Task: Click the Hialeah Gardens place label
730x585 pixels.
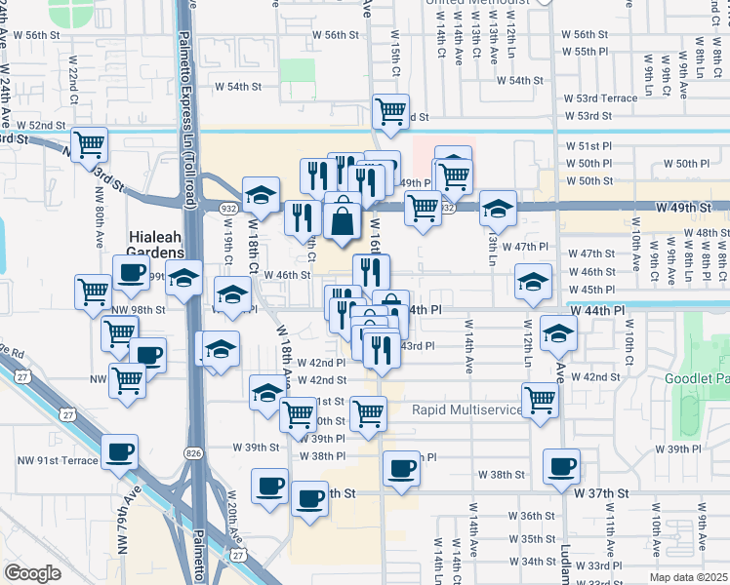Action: [157, 236]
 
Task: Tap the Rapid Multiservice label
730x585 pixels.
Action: [467, 409]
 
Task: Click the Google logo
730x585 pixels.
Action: [32, 573]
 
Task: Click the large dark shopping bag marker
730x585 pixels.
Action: [343, 216]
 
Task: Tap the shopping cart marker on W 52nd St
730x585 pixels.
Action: [89, 144]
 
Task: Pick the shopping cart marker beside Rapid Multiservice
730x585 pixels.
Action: [541, 399]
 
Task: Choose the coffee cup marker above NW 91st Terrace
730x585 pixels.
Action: [120, 450]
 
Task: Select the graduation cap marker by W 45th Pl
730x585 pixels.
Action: [533, 282]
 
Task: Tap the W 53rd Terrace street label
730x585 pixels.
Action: [600, 98]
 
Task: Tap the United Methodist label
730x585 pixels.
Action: [478, 3]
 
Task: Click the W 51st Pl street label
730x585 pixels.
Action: [588, 145]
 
